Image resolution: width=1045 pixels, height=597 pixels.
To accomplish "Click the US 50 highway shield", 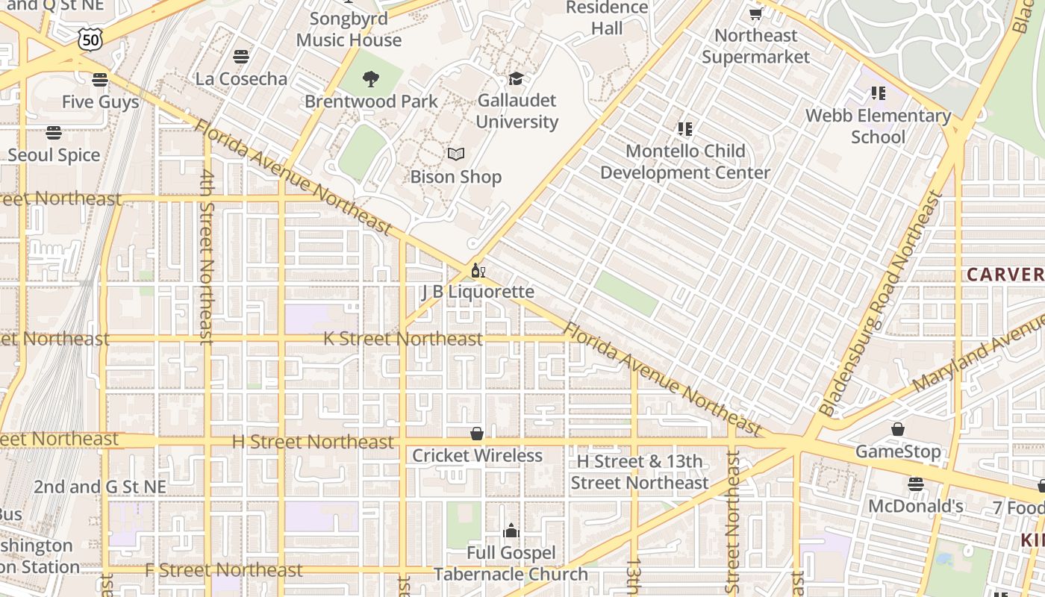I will point(90,40).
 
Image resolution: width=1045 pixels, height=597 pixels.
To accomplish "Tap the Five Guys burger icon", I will point(100,79).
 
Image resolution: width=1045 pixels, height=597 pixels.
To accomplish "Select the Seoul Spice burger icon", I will point(53,133).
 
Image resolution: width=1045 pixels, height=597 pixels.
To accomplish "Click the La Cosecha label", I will point(241,78).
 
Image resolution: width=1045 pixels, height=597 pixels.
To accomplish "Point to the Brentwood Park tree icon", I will point(371,78).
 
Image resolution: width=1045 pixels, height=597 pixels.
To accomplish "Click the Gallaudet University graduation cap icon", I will point(516,78).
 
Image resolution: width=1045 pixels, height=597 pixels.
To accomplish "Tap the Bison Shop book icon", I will point(455,154).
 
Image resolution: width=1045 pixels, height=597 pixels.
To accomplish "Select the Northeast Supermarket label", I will point(755,46).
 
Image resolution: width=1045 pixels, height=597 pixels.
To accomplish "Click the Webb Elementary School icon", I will point(878,93).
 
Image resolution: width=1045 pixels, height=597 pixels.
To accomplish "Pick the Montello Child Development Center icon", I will point(684,129).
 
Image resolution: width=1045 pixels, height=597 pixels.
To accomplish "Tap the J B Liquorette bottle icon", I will point(478,270).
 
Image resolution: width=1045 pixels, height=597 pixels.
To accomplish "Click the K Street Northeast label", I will point(403,339).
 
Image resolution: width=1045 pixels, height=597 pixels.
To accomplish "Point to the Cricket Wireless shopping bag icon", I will point(476,434).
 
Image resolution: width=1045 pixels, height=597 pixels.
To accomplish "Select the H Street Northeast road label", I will point(313,442).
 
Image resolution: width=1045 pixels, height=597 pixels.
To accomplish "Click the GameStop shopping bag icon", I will point(897,429).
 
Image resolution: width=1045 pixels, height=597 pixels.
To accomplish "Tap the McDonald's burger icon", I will point(916,484).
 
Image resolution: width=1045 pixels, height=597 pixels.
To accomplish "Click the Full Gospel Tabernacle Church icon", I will point(511,531).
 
